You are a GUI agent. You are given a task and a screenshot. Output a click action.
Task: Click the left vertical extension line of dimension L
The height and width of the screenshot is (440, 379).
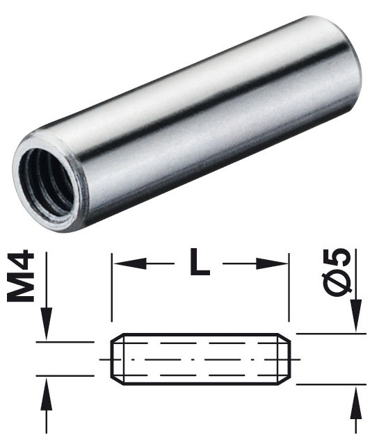tap(112, 292)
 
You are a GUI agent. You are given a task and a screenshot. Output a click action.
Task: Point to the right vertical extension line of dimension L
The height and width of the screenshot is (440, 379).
tap(288, 292)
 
